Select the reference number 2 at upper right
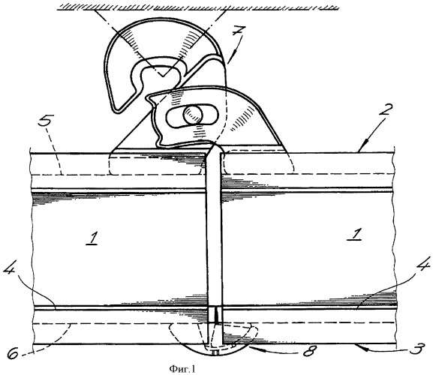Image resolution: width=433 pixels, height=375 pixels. coord(385,110)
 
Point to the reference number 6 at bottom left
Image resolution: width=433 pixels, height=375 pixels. coord(14,350)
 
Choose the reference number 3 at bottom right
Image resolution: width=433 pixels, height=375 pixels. coord(416,349)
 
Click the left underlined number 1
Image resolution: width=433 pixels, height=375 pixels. coord(92,238)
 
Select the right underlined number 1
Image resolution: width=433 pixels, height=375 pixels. coord(355,234)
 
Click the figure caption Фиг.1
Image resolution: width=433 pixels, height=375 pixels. coord(182,369)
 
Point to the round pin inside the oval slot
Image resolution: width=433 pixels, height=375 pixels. coord(193,115)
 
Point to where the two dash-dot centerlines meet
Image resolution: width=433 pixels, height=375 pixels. coord(163,76)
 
